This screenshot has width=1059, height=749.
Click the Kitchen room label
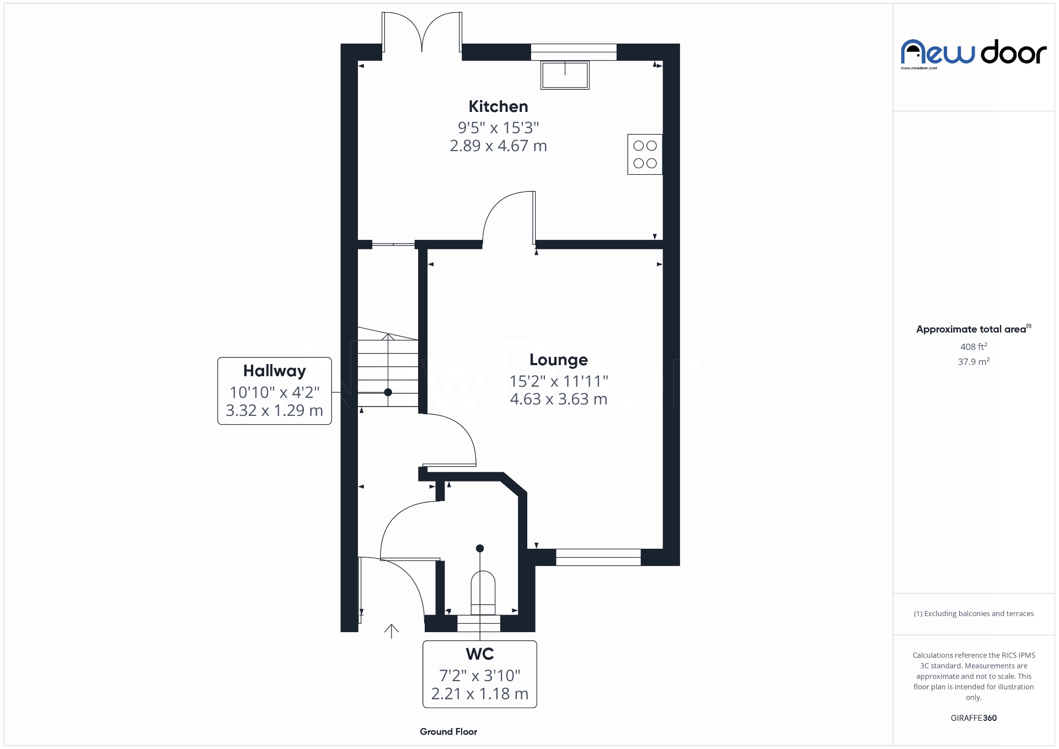498,106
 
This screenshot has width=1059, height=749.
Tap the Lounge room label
558,360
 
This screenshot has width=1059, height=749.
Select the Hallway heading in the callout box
274,371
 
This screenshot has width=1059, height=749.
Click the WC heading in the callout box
479,654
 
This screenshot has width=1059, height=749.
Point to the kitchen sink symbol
565,75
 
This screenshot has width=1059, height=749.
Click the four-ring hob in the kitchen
645,154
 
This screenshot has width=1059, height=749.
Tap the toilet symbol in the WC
483,592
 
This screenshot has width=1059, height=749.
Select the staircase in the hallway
388,371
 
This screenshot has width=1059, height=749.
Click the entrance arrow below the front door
391,631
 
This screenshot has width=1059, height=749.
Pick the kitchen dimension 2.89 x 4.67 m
498,146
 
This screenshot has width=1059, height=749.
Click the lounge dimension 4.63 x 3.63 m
558,399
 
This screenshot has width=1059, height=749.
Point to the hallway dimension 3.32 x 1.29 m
274,410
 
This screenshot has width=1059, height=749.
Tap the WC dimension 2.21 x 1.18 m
479,694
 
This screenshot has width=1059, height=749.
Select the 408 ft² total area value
974,347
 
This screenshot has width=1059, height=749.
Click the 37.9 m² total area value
974,362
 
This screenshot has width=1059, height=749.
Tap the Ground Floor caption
448,732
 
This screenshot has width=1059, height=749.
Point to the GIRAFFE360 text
974,718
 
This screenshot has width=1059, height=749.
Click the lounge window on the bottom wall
598,557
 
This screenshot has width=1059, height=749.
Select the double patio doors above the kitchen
422,33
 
